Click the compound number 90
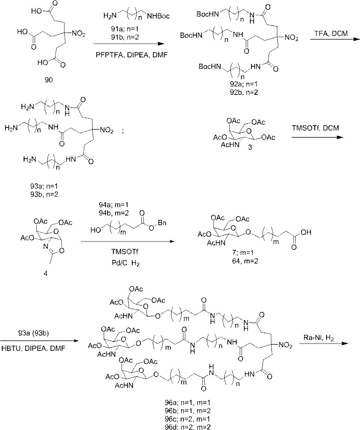click(49, 80)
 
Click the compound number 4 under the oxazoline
click(45, 273)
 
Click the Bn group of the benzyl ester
click(162, 222)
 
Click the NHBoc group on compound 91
click(158, 16)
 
